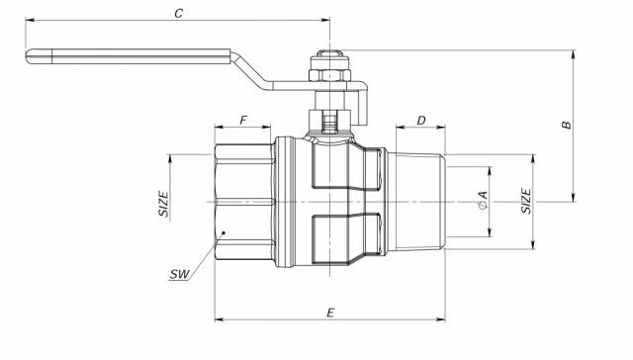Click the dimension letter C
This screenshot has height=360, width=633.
pyautogui.click(x=178, y=13)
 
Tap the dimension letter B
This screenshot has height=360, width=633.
pyautogui.click(x=567, y=125)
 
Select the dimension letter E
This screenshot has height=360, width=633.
pyautogui.click(x=330, y=313)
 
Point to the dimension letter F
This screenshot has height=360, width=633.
pyautogui.click(x=243, y=121)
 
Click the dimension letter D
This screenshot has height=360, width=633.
pyautogui.click(x=421, y=121)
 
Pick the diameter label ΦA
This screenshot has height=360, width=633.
pyautogui.click(x=483, y=201)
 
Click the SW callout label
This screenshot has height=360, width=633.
pyautogui.click(x=180, y=274)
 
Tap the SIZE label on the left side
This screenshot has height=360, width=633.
pyautogui.click(x=163, y=204)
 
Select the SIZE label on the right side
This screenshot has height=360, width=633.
pyautogui.click(x=526, y=201)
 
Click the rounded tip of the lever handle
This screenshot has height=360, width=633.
pyautogui.click(x=29, y=56)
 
